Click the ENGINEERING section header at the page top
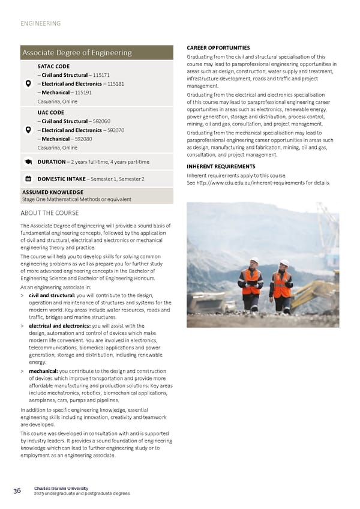(x=40, y=23)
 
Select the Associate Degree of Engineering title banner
(x=76, y=53)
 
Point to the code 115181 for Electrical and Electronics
(x=116, y=84)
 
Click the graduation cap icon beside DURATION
(x=28, y=162)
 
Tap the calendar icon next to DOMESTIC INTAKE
(x=28, y=179)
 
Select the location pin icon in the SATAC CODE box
(x=28, y=84)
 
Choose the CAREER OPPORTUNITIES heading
(x=218, y=48)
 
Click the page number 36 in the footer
(x=17, y=490)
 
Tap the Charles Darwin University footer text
(x=61, y=488)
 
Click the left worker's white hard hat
(x=254, y=261)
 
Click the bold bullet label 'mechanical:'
(x=44, y=371)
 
